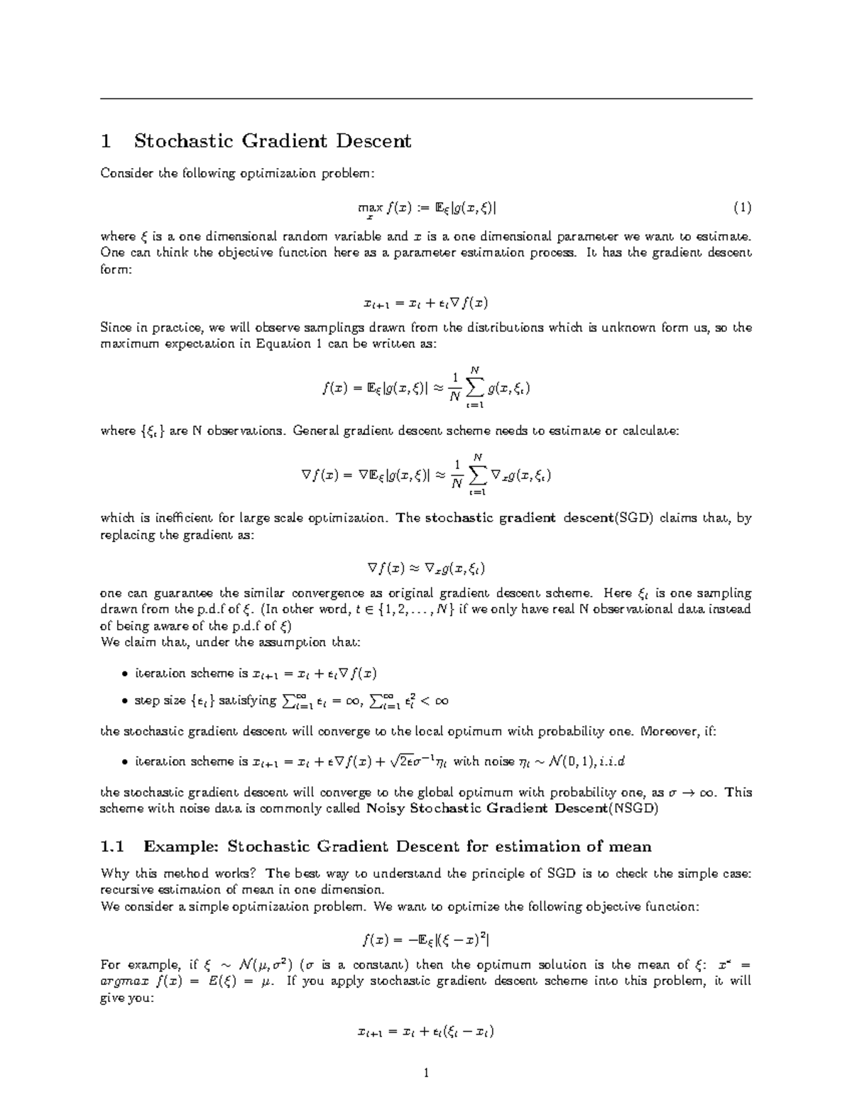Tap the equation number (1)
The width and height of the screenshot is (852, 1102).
[742, 208]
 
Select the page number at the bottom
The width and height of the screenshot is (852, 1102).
[426, 1073]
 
